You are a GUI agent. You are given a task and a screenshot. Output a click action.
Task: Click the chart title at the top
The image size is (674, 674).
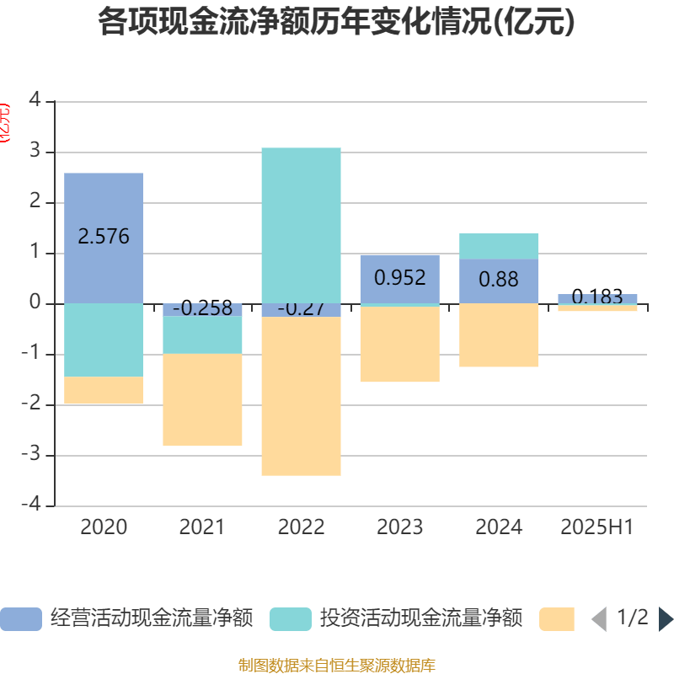click(x=337, y=23)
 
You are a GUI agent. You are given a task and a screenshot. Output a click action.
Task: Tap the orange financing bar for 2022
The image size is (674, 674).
click(x=301, y=396)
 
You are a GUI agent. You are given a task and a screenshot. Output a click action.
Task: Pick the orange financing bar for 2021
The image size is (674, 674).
click(x=202, y=399)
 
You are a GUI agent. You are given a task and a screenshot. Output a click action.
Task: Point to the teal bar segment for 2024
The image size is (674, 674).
click(x=499, y=245)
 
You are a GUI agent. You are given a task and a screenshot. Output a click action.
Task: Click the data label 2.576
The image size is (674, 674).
click(x=104, y=237)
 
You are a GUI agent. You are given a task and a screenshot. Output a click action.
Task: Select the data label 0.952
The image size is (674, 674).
click(x=400, y=277)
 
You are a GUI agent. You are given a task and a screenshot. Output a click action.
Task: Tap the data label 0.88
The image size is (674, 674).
click(x=499, y=279)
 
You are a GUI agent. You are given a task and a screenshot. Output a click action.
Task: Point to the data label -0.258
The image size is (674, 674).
click(x=202, y=308)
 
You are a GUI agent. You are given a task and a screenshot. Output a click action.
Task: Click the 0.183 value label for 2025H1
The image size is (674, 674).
click(x=597, y=297)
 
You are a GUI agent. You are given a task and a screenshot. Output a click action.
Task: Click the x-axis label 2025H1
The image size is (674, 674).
click(x=597, y=527)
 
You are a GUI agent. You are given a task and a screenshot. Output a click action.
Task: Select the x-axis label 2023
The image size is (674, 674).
click(x=400, y=527)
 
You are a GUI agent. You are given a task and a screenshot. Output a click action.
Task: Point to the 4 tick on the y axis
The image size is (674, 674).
click(x=35, y=100)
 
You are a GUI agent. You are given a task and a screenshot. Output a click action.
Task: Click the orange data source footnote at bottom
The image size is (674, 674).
click(x=337, y=666)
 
